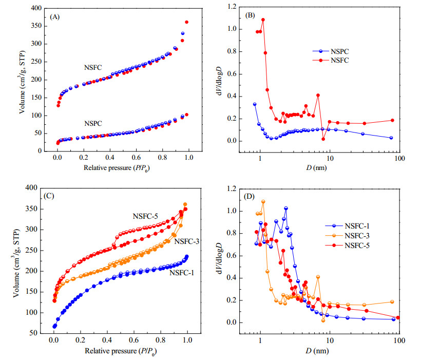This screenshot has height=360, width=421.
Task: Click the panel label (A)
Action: (x=55, y=17)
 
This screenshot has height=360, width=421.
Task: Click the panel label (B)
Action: (x=250, y=15)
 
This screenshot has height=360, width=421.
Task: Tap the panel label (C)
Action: (x=49, y=196)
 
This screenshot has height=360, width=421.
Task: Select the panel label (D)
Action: (x=249, y=196)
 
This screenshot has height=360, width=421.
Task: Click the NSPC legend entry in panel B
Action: (x=331, y=51)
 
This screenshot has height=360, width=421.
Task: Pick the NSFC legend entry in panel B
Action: (x=331, y=60)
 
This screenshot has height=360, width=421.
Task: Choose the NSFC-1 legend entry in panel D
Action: (x=348, y=226)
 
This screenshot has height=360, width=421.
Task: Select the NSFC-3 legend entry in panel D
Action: (x=348, y=236)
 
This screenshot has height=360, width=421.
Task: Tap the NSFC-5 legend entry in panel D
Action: (x=348, y=245)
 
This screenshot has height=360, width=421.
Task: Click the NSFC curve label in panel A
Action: (x=93, y=67)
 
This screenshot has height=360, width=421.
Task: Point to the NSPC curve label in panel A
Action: (x=93, y=123)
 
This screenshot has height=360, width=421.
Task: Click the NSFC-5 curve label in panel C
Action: (x=145, y=216)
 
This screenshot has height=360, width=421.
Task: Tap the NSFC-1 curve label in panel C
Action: (x=182, y=273)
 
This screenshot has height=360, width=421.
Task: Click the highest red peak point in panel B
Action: (x=263, y=20)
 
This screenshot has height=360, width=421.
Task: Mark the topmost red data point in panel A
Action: (x=186, y=22)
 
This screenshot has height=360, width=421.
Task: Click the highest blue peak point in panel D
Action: (x=286, y=208)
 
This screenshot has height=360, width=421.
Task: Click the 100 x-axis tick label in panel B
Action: (x=399, y=159)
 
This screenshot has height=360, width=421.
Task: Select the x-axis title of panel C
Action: (x=121, y=351)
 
